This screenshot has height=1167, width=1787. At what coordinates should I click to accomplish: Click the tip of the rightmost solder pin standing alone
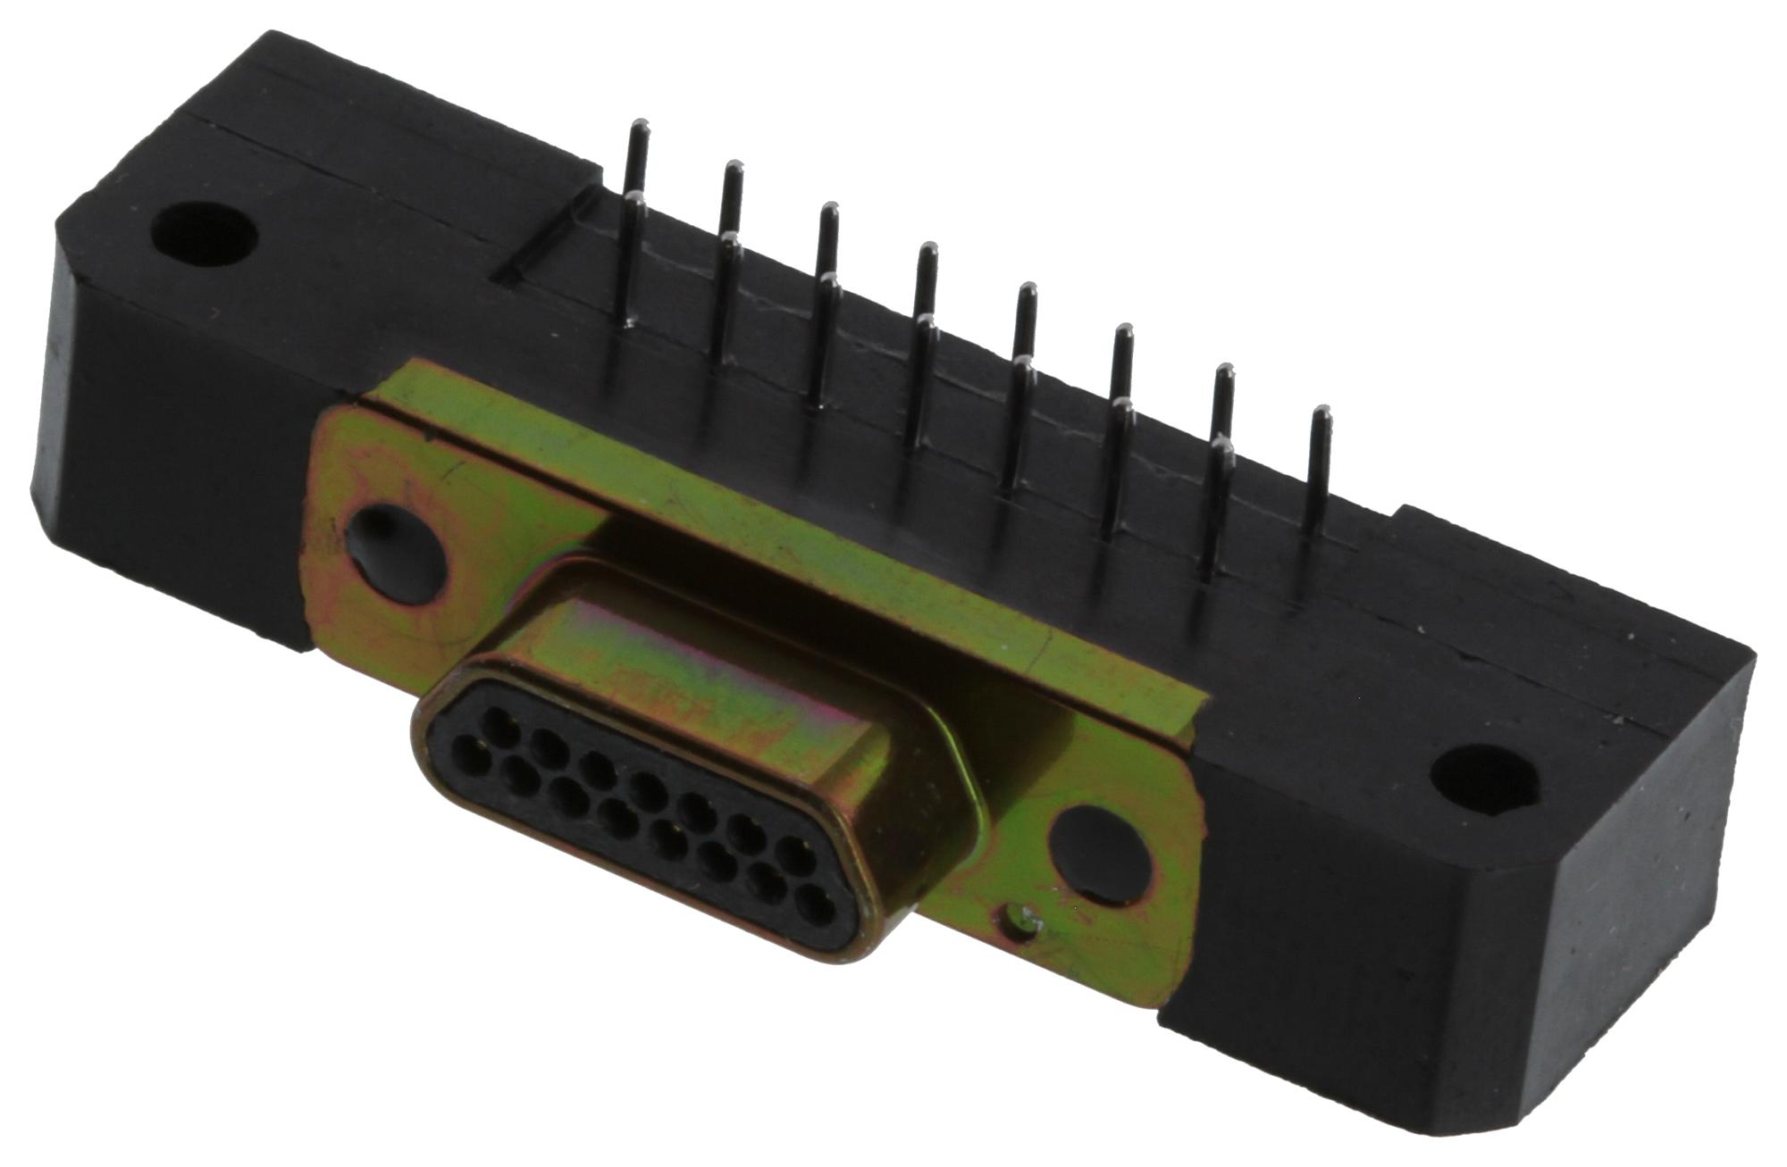1321,413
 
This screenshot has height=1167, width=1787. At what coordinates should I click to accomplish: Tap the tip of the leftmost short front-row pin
635,203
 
